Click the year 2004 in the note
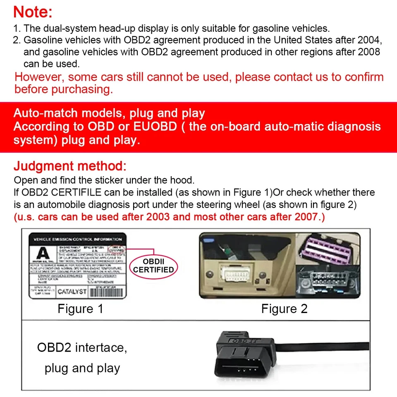(x=367, y=41)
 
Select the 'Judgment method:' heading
(x=70, y=167)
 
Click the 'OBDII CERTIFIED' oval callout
(x=153, y=266)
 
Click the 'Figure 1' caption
(x=80, y=309)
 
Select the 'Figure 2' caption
(x=284, y=309)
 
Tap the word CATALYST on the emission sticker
(x=72, y=292)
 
